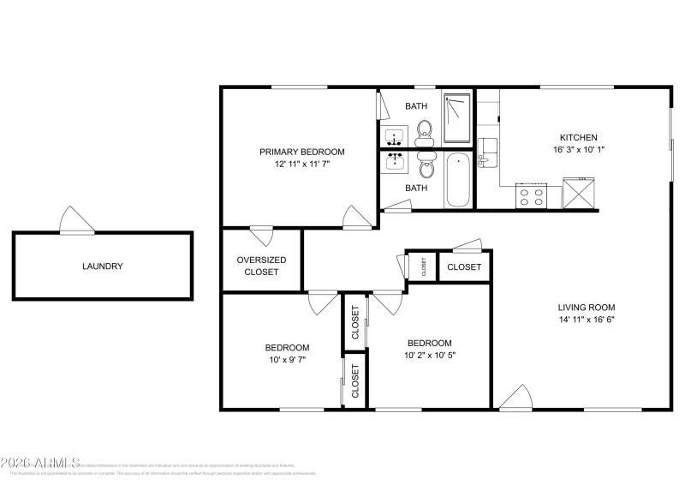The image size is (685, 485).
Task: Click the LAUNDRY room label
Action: (103, 266)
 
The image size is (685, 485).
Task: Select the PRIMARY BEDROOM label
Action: (302, 152)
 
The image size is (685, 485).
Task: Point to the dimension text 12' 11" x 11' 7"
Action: (302, 164)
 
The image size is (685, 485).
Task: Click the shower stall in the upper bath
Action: (457, 119)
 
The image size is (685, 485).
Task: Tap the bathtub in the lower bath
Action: (458, 179)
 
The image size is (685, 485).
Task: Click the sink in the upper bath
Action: (395, 136)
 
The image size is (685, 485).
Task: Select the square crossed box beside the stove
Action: (578, 193)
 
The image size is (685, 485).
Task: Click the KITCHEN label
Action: (578, 137)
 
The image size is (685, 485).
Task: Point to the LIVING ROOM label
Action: (587, 308)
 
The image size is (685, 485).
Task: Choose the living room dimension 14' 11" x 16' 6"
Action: (587, 320)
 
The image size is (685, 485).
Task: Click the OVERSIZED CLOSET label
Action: (261, 266)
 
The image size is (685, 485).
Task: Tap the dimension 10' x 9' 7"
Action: (286, 360)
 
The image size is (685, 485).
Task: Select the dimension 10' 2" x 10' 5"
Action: (429, 354)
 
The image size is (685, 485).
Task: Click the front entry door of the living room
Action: (516, 398)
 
